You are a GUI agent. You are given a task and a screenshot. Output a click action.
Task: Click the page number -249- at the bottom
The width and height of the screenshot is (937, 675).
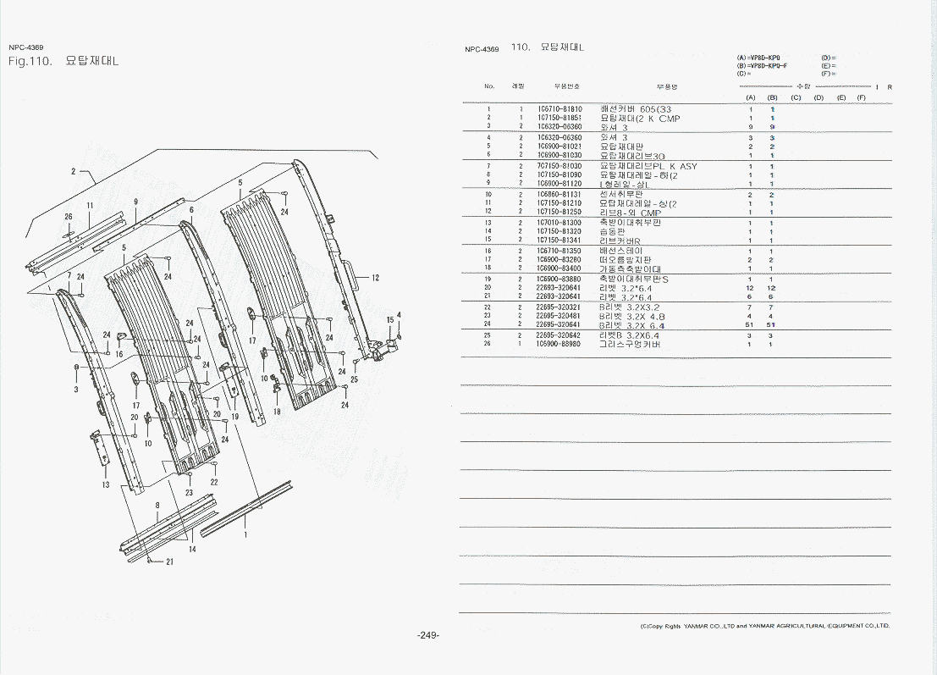(x=428, y=636)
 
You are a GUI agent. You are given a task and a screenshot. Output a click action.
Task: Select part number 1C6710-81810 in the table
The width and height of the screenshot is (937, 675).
(x=559, y=109)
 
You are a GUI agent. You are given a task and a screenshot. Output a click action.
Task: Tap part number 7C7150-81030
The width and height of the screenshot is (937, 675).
(x=559, y=166)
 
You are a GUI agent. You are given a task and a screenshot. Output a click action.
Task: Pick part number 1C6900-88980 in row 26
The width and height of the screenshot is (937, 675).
(x=559, y=344)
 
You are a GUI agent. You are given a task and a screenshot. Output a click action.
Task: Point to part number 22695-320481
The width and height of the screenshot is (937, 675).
(x=559, y=316)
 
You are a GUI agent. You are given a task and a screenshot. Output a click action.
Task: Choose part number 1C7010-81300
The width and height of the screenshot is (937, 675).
(x=559, y=223)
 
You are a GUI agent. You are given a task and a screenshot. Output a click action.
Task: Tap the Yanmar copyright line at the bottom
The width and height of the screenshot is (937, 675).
(x=764, y=626)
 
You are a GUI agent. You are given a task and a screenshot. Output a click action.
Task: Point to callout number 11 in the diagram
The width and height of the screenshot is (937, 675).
(x=90, y=206)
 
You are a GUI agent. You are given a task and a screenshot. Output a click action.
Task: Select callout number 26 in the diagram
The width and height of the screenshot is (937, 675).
(x=69, y=217)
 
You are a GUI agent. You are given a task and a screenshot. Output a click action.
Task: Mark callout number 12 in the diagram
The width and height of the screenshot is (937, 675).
(x=375, y=278)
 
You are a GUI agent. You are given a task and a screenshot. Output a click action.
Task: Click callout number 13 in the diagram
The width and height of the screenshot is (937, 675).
(x=106, y=485)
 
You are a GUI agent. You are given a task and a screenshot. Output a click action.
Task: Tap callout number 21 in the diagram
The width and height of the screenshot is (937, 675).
(x=169, y=562)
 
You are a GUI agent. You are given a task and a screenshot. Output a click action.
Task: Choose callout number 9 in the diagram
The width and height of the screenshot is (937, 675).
(x=135, y=202)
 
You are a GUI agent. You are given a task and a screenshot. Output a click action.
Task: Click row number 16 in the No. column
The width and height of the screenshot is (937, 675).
(x=488, y=251)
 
